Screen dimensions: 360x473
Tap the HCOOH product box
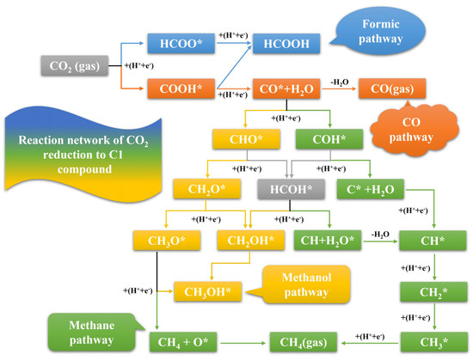pos(286,43)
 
